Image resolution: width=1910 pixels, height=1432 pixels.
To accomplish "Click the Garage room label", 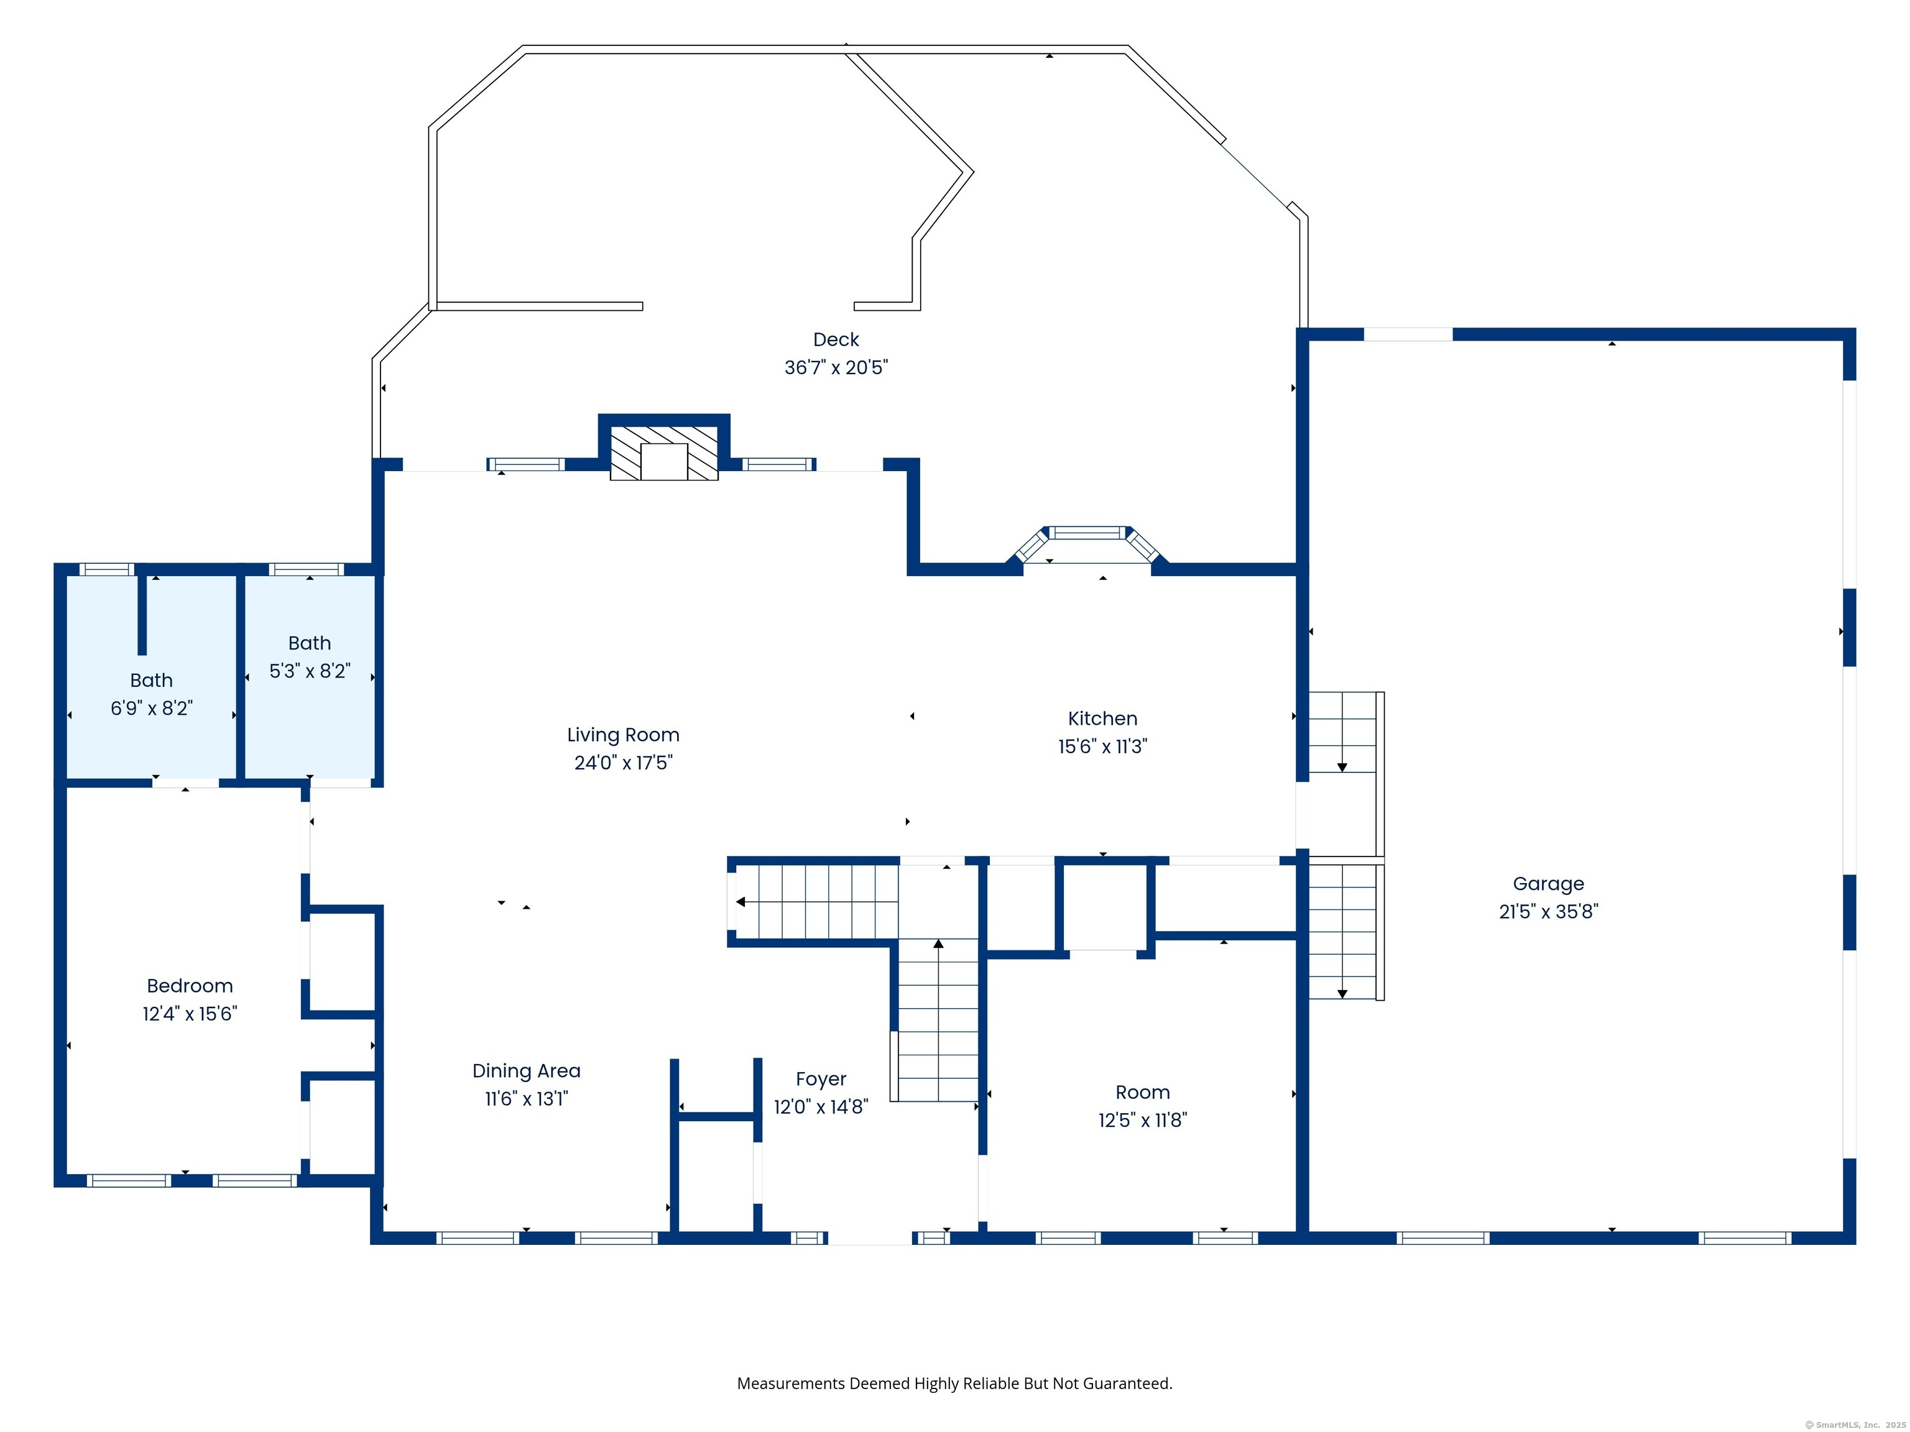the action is point(1548,884).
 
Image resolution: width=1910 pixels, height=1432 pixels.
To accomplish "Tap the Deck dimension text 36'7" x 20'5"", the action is point(836,368).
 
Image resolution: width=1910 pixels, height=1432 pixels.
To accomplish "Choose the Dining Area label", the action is point(527,1071).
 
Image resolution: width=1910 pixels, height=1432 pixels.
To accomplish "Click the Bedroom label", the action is point(190,986).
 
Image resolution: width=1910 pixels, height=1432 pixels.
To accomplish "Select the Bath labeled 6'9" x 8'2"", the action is point(151,694).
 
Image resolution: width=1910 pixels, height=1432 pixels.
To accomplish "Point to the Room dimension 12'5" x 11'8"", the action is point(1142,1121).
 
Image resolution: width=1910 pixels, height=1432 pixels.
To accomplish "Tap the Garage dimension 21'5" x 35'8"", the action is point(1548,912).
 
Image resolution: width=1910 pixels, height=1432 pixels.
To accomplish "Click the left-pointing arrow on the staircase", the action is point(741,902).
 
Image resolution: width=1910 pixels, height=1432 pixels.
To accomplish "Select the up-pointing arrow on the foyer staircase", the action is point(939,944).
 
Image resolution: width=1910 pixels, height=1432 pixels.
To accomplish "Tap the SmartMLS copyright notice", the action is point(1856,1425).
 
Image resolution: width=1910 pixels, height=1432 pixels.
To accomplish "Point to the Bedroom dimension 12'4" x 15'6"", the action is point(190,1013).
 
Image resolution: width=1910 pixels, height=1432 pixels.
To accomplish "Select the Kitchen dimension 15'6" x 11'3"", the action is point(1102,746).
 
